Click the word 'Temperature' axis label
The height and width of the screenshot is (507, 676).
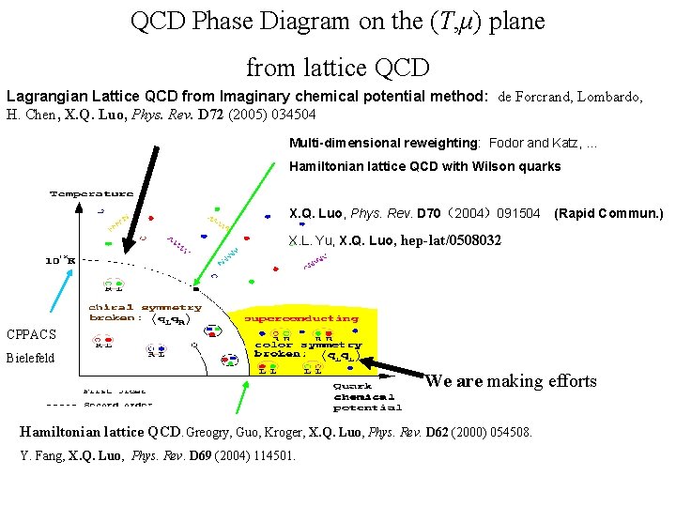(x=91, y=193)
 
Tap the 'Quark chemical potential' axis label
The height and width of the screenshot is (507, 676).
(x=367, y=395)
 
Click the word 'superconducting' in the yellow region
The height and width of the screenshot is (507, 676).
(x=300, y=318)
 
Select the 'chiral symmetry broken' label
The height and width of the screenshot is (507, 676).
(x=144, y=313)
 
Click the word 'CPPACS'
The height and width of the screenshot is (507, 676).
(x=31, y=334)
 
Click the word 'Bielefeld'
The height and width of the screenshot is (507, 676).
(x=30, y=358)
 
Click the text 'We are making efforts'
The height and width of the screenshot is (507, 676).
(x=510, y=380)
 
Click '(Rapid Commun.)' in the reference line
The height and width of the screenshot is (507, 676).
(x=608, y=214)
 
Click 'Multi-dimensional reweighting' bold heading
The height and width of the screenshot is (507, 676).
(x=384, y=143)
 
